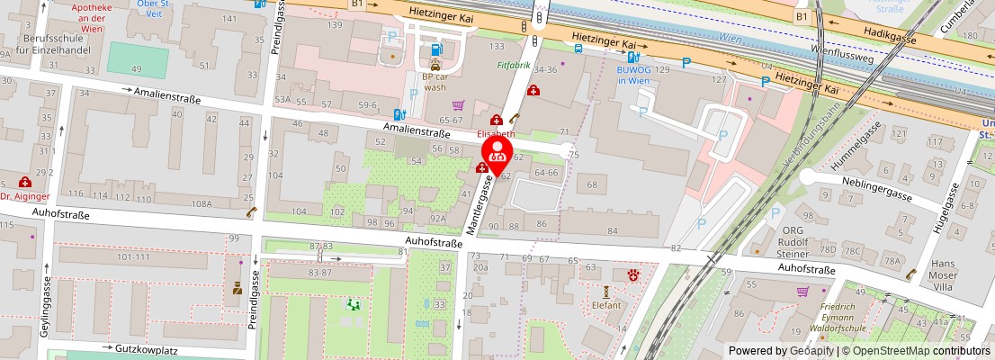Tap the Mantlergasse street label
(x=479, y=206)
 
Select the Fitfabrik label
(x=514, y=66)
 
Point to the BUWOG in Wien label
(x=632, y=75)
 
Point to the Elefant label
(x=607, y=305)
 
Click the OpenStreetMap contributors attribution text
(x=917, y=351)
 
